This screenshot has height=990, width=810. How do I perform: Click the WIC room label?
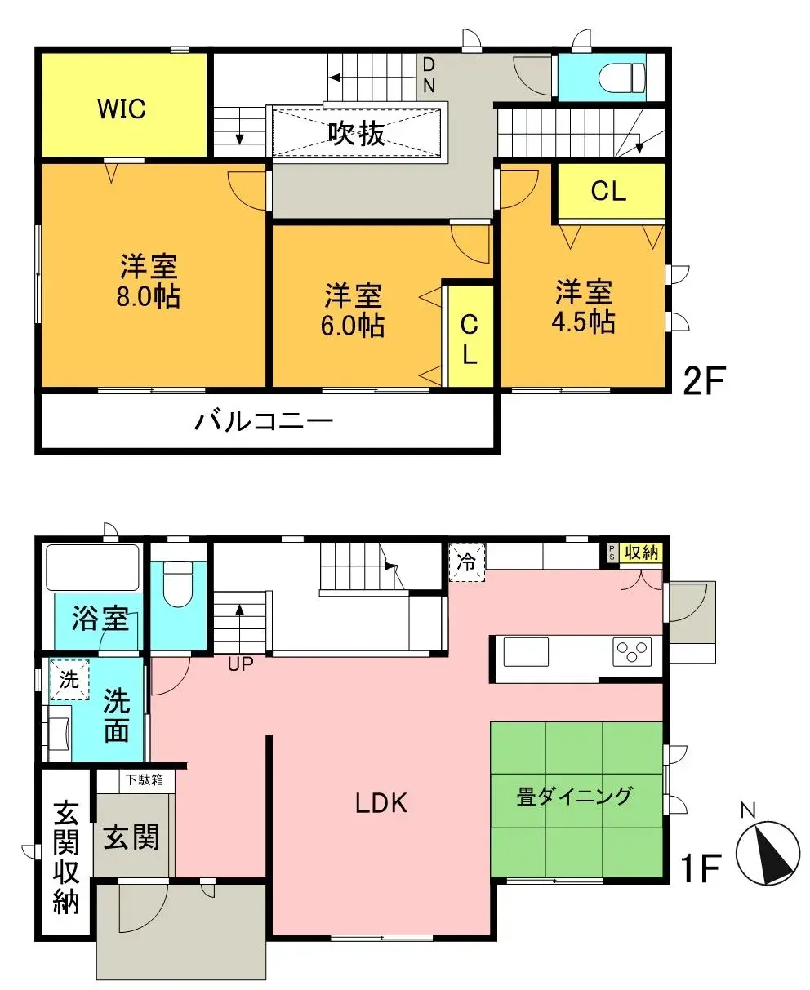click(x=122, y=109)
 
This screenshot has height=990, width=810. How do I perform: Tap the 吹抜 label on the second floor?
click(x=358, y=132)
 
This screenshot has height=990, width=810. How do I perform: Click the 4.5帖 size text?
click(x=583, y=322)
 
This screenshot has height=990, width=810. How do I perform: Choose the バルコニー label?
click(x=264, y=422)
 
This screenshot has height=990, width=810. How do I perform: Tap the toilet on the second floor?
click(x=621, y=78)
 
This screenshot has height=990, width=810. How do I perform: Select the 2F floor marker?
click(x=704, y=381)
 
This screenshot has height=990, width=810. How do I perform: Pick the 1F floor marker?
click(x=701, y=870)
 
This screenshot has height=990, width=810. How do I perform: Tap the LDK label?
click(x=381, y=804)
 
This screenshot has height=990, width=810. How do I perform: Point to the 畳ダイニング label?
click(x=575, y=796)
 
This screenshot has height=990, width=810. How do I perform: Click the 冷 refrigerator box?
click(x=466, y=562)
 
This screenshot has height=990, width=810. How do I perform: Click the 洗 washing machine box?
click(x=69, y=680)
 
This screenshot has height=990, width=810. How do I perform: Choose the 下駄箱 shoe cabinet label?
click(x=144, y=779)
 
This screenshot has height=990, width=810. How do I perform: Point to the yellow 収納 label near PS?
click(x=641, y=553)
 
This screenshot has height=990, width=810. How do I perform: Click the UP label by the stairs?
click(x=240, y=664)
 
